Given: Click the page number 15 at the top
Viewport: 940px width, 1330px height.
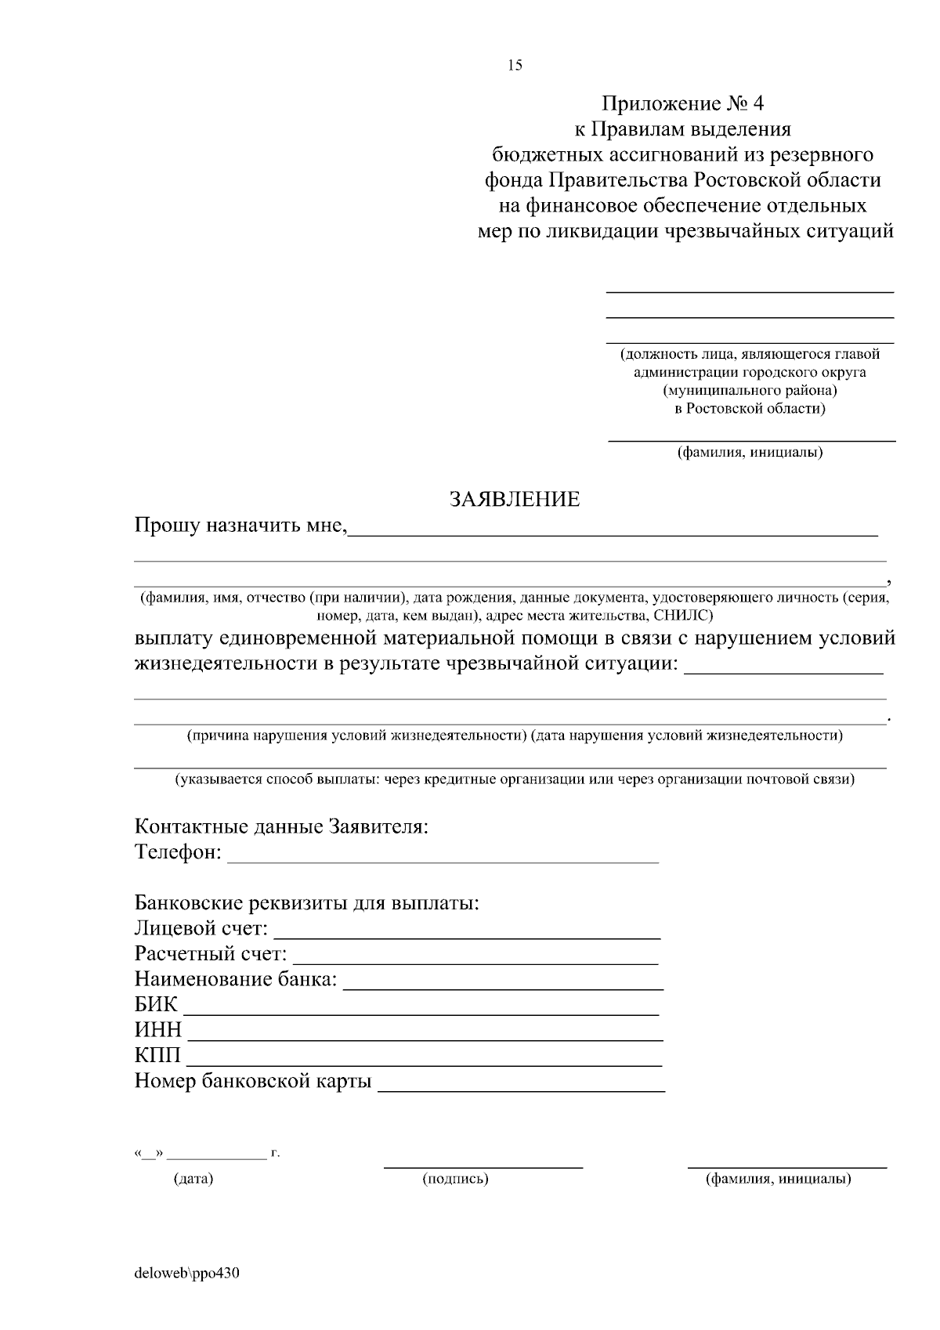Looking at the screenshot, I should (515, 66).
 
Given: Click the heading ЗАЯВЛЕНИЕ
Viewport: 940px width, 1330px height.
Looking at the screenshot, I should (514, 499).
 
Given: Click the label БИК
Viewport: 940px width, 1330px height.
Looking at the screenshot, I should (156, 1005).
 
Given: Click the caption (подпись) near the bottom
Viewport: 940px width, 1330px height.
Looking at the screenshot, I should (455, 1179).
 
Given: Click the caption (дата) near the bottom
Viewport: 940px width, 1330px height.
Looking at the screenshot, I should (193, 1179).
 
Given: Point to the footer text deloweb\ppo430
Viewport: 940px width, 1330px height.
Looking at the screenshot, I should (186, 1273).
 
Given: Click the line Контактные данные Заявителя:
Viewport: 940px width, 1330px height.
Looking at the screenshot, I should (281, 826).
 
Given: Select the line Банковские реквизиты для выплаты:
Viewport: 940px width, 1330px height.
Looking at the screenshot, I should (306, 903).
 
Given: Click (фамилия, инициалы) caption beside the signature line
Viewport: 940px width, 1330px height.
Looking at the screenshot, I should (779, 1179).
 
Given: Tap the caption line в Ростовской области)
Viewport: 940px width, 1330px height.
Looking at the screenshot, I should (750, 408).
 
